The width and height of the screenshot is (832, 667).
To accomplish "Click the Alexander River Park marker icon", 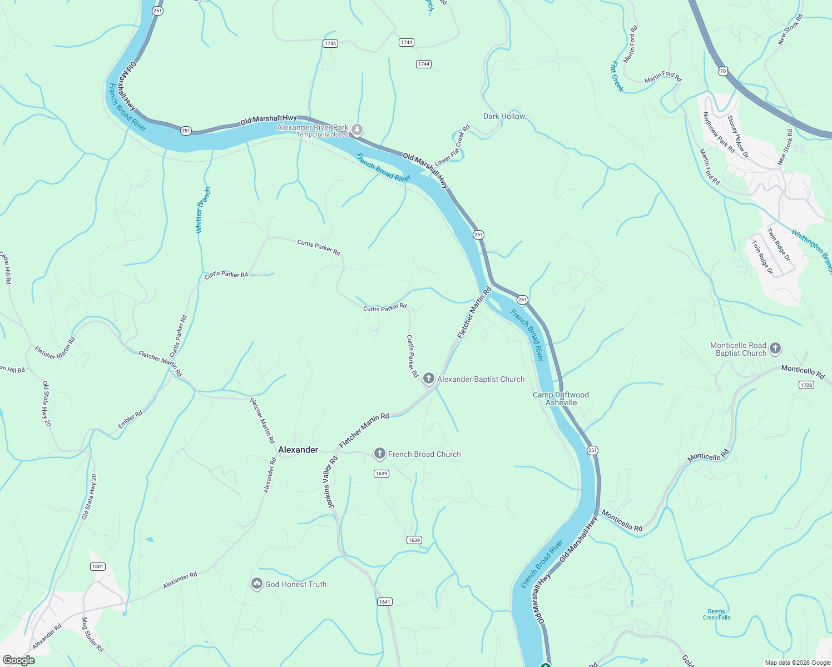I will click(x=357, y=130).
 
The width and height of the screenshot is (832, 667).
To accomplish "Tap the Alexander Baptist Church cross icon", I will click(x=428, y=379).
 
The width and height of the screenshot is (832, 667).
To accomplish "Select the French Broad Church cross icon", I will click(x=379, y=454).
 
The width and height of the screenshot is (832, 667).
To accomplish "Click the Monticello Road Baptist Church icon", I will click(x=775, y=349).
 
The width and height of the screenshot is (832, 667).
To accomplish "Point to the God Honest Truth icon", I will click(x=256, y=584).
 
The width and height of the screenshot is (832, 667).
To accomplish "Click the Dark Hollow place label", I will click(x=504, y=116).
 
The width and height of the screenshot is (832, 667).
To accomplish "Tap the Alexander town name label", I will click(x=298, y=450).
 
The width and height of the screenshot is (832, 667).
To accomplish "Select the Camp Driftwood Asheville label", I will click(x=561, y=399).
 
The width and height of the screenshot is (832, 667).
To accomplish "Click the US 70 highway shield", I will click(x=722, y=71).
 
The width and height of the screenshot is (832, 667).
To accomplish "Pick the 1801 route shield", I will click(x=97, y=566).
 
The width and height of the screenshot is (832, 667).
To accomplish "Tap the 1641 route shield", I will click(x=384, y=601).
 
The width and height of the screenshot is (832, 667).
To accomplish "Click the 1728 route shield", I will click(x=806, y=385).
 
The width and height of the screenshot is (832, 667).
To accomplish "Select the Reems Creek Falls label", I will click(x=716, y=614).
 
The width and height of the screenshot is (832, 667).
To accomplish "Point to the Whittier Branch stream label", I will click(x=203, y=210).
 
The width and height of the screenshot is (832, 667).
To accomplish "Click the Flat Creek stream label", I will click(x=617, y=76).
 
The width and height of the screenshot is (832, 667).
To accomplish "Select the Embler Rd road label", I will click(x=130, y=419).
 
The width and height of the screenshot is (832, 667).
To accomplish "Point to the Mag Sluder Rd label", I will click(x=92, y=634).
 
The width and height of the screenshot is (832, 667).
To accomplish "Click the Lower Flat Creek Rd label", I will click(x=452, y=146).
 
